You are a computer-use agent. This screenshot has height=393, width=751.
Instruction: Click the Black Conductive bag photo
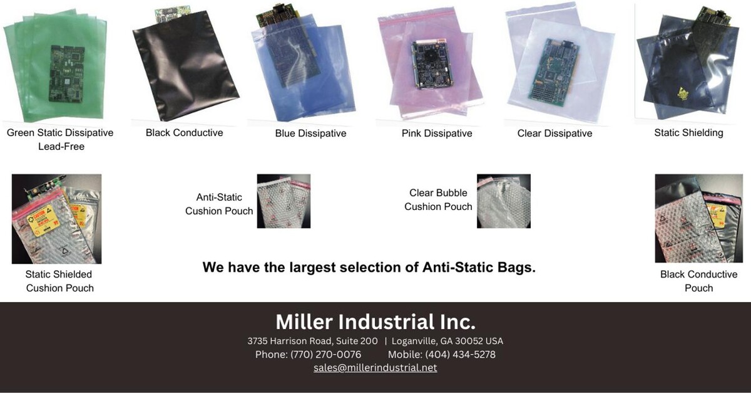(x=185, y=66)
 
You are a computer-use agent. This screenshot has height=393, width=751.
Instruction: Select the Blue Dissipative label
(x=310, y=134)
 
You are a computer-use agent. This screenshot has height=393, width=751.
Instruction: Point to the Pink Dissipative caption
(x=437, y=134)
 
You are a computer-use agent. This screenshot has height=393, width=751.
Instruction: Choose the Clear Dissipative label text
(x=554, y=134)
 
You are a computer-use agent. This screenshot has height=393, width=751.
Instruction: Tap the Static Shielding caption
(x=688, y=133)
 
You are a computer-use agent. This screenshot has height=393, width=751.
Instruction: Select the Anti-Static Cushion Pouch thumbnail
(x=284, y=201)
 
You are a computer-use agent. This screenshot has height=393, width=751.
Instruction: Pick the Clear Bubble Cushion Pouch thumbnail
(x=503, y=201)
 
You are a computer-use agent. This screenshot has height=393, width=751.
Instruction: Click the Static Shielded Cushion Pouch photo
(x=56, y=219)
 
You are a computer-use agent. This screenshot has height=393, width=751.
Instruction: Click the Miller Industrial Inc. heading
(x=375, y=322)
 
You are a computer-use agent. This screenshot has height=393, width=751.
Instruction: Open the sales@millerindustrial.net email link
(x=375, y=368)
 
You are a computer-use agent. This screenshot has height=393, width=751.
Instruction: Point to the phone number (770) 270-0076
(x=325, y=355)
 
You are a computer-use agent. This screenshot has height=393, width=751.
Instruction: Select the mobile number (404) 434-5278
(x=460, y=355)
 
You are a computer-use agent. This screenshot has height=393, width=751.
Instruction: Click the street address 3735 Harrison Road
(x=312, y=342)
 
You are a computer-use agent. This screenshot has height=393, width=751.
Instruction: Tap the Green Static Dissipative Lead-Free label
(x=60, y=139)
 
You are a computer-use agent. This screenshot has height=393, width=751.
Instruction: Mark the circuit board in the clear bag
(x=554, y=69)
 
